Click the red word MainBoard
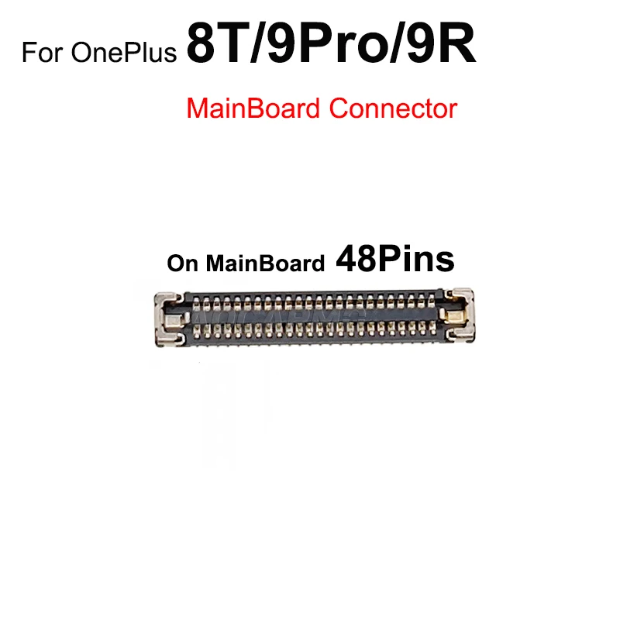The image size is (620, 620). pyautogui.click(x=253, y=108)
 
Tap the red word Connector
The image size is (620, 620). pyautogui.click(x=392, y=108)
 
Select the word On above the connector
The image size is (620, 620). pyautogui.click(x=183, y=263)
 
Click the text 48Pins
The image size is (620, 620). pyautogui.click(x=394, y=260)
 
